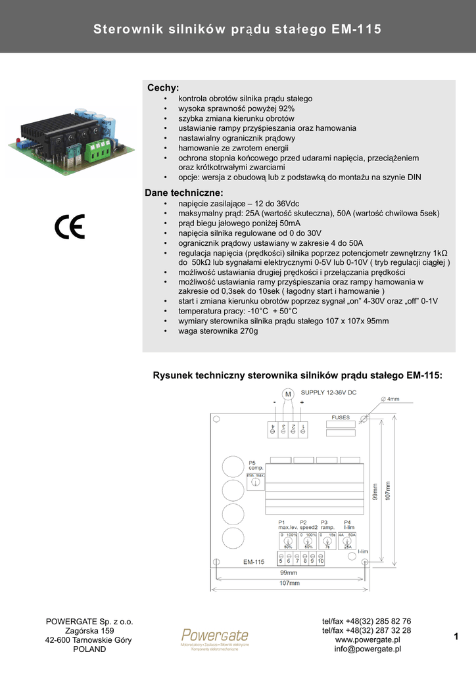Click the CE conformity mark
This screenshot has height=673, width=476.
coord(70,227)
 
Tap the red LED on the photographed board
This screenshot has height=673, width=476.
coord(14,142)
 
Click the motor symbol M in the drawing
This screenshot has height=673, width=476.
coord(287,394)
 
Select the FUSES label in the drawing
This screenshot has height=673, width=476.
coord(341,417)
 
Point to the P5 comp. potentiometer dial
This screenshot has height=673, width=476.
coord(255,483)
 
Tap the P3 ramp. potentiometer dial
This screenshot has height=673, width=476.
coord(327,544)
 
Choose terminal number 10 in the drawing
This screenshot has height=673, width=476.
coord(320,561)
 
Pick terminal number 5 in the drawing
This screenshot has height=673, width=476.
coord(281,561)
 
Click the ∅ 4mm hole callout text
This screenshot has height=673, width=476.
coord(390,399)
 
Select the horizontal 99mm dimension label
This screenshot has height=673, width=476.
coord(289,574)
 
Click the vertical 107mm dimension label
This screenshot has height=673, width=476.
coord(387,490)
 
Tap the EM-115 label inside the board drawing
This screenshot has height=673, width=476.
coord(253,562)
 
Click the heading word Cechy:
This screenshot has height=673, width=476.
coord(163,88)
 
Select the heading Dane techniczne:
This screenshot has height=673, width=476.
coord(184,193)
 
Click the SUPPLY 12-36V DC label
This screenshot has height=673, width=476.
coord(329,392)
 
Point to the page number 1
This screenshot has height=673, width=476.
coord(456,635)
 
